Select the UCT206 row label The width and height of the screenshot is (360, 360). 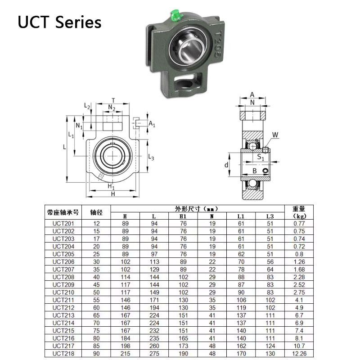coord(63,261)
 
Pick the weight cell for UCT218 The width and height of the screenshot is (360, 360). coord(299,353)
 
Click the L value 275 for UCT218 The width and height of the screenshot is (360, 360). coord(153,353)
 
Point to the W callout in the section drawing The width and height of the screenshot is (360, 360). coord(275,135)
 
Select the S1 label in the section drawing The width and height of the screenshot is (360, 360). coord(261,157)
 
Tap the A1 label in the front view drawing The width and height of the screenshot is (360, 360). coord(152,124)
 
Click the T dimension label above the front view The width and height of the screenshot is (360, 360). coord(113,100)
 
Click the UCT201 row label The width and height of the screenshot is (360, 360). coord(63,223)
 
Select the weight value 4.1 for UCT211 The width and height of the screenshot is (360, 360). coord(299,300)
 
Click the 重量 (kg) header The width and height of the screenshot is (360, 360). coord(299,212)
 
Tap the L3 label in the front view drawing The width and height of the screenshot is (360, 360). coord(152,157)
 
